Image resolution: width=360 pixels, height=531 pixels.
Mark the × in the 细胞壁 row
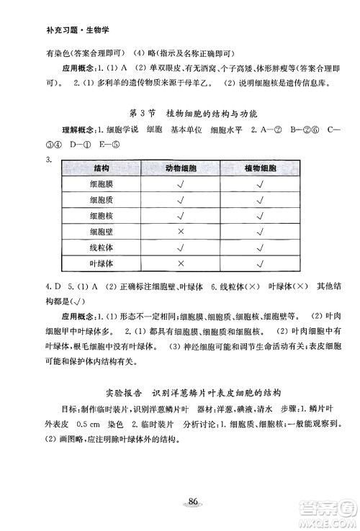(x=180, y=232)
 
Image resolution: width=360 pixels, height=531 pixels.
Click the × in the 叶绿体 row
(x=180, y=263)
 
